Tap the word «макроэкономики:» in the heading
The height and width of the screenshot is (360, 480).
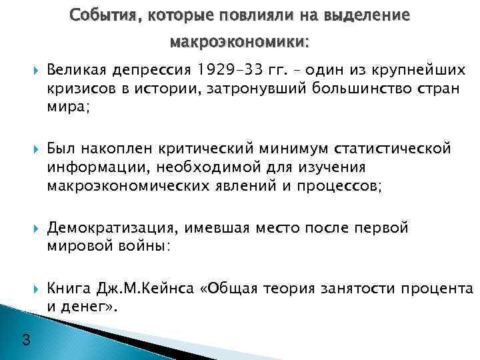click(x=240, y=43)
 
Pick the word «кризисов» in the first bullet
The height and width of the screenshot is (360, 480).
click(x=77, y=88)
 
